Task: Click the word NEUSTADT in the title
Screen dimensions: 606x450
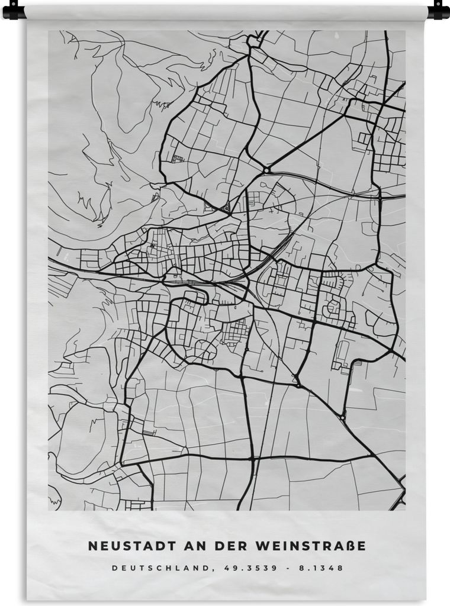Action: click(123, 545)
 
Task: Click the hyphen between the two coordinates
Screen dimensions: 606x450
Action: click(289, 568)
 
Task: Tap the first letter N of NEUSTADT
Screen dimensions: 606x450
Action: click(92, 545)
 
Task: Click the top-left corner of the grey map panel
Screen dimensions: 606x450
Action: click(49, 31)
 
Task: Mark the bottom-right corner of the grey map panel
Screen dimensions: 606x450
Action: click(405, 510)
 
